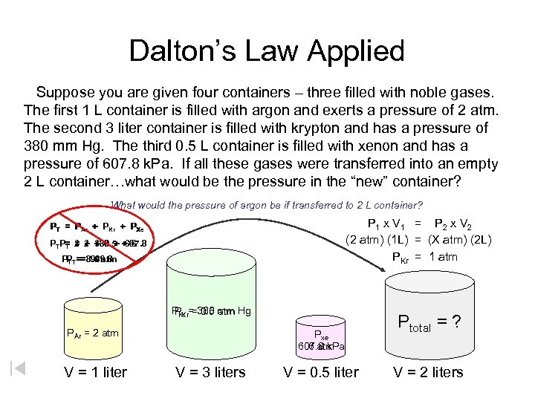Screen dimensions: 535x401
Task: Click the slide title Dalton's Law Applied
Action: [x=267, y=51]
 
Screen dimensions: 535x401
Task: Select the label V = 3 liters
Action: [x=210, y=372]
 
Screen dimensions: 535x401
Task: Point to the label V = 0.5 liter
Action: [x=321, y=372]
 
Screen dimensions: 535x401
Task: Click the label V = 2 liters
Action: [x=428, y=372]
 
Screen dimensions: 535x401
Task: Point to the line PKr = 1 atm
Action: [x=424, y=257]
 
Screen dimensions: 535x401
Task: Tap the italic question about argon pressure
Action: [x=267, y=205]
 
